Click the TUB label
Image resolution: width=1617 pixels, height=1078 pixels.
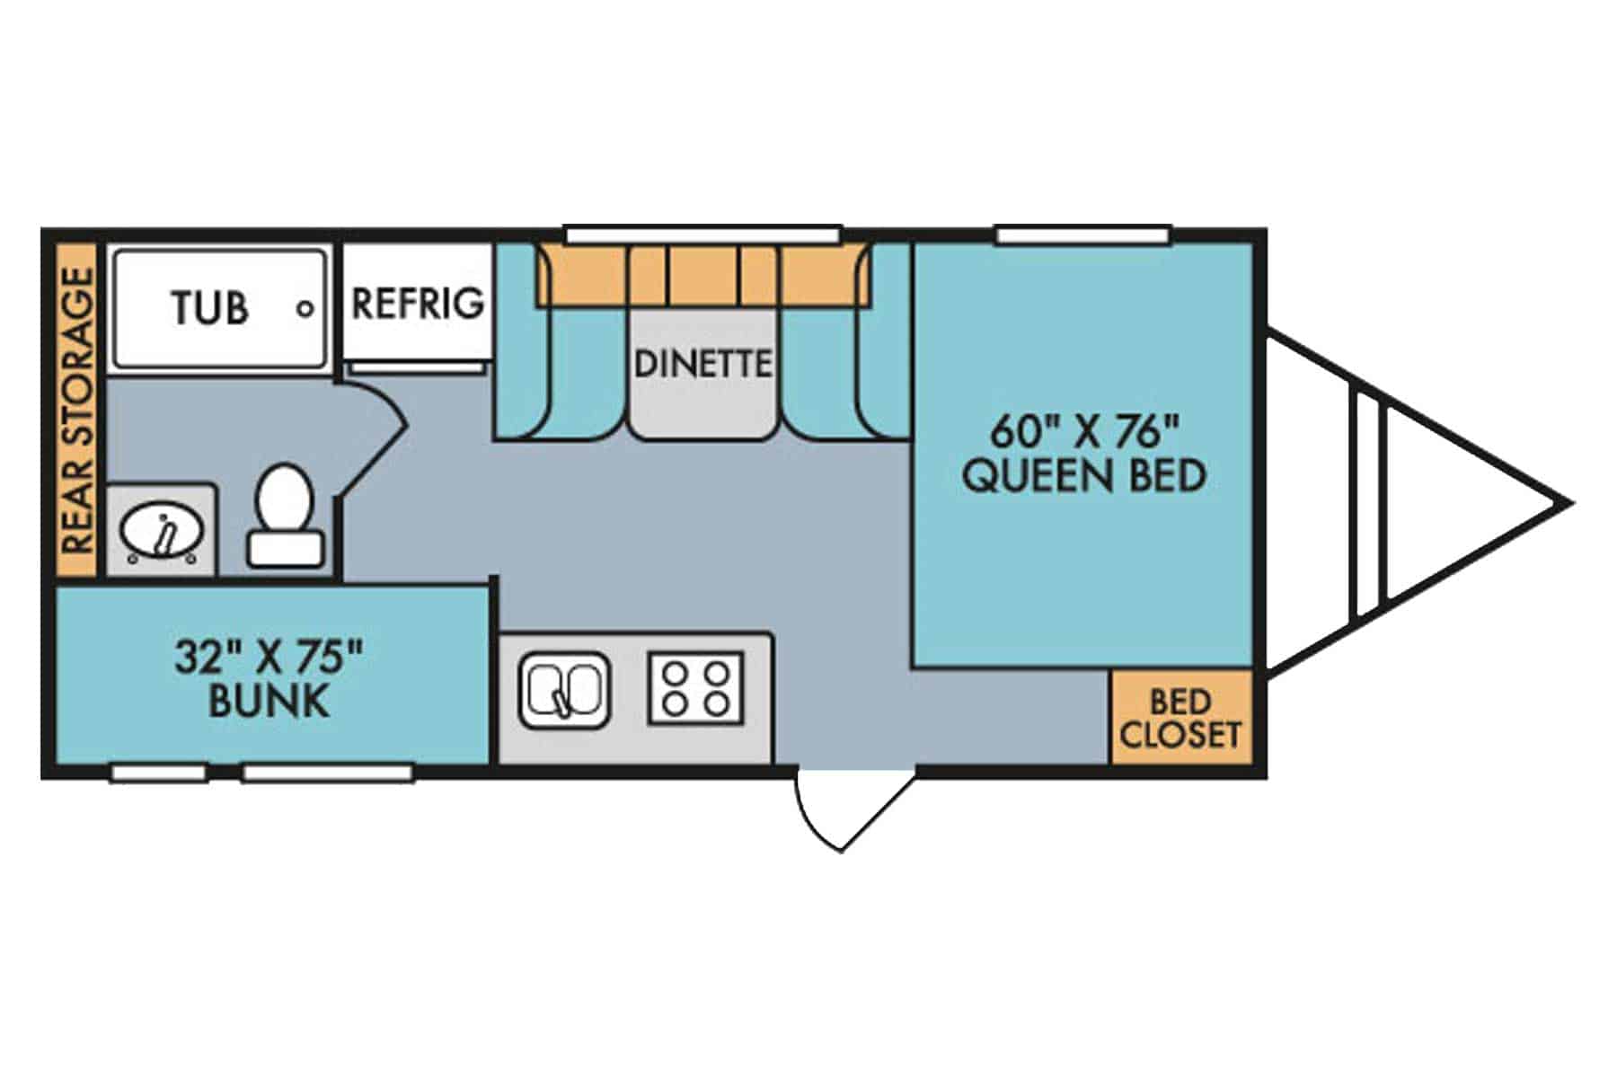click(x=209, y=308)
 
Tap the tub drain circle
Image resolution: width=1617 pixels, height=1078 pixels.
click(x=305, y=308)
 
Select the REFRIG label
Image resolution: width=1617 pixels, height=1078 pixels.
click(x=418, y=304)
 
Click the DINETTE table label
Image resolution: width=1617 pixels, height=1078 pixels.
click(x=702, y=364)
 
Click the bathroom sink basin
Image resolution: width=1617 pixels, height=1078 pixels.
click(x=162, y=532)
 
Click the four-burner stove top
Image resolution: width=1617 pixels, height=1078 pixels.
click(x=696, y=688)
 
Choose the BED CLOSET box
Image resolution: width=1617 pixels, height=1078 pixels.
click(x=1180, y=718)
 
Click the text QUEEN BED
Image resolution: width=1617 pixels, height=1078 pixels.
click(x=1084, y=475)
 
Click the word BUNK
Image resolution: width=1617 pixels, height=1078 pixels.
click(x=269, y=702)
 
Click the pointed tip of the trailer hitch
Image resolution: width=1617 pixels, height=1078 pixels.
click(x=1568, y=503)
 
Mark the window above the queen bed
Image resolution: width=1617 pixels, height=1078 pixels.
click(x=1083, y=235)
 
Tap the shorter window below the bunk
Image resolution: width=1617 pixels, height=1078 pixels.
click(x=157, y=772)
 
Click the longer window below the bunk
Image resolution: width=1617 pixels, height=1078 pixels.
click(x=328, y=772)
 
